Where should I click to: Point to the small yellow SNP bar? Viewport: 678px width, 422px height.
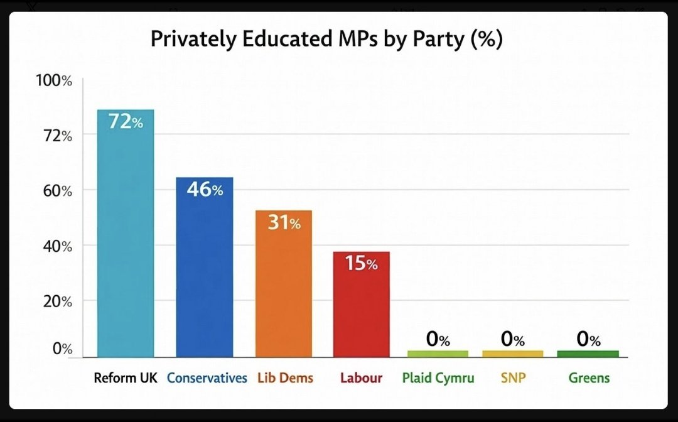[512, 354]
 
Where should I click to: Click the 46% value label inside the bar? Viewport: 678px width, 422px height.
[204, 190]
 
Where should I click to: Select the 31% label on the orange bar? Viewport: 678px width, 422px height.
[284, 223]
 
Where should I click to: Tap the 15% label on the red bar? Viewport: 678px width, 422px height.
[362, 264]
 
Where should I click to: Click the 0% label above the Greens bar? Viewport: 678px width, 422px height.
[588, 340]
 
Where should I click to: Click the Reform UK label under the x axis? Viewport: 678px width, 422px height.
[126, 379]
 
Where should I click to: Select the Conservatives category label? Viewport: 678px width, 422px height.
[207, 379]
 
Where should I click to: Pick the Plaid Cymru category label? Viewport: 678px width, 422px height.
[438, 379]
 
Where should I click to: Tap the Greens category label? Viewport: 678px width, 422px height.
[589, 379]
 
